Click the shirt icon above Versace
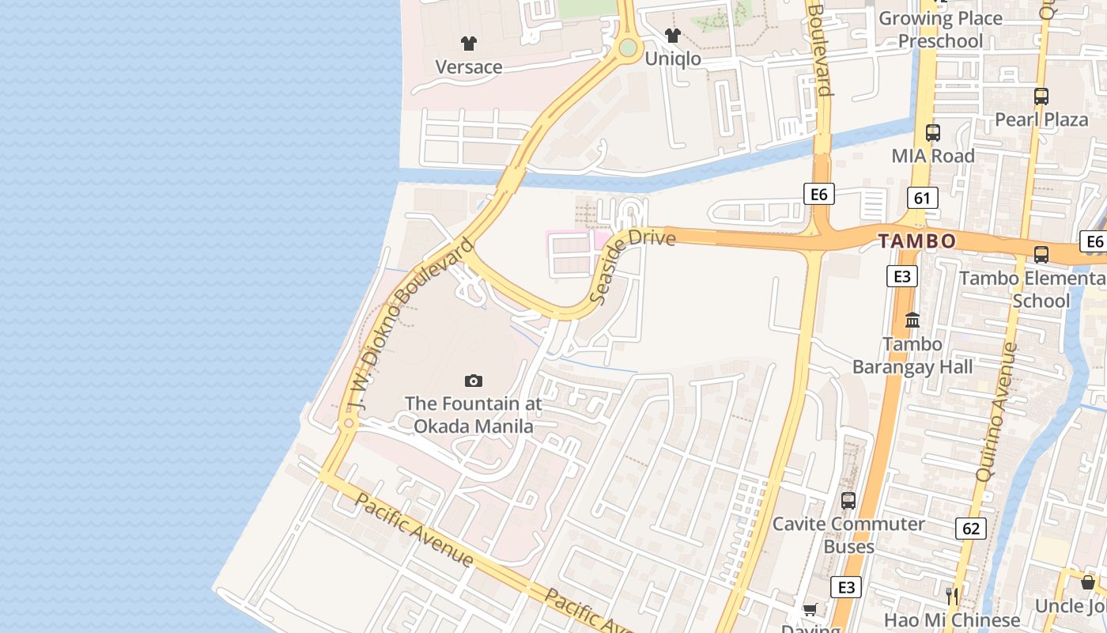pyautogui.click(x=469, y=43)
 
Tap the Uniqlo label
pyautogui.click(x=673, y=59)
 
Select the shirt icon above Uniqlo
pyautogui.click(x=673, y=35)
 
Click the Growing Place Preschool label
pyautogui.click(x=940, y=29)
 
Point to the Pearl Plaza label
pyautogui.click(x=1041, y=119)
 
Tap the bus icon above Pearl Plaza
pyautogui.click(x=1041, y=97)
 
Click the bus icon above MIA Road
pyautogui.click(x=933, y=133)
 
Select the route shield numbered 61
pyautogui.click(x=922, y=198)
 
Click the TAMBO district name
pyautogui.click(x=917, y=241)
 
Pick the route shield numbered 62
pyautogui.click(x=970, y=528)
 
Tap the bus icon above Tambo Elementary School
pyautogui.click(x=1041, y=255)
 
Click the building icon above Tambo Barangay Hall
pyautogui.click(x=912, y=320)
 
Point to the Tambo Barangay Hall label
pyautogui.click(x=912, y=356)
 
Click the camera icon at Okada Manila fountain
pyautogui.click(x=474, y=381)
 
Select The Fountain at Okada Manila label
pyautogui.click(x=474, y=415)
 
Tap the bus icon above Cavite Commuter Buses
pyautogui.click(x=848, y=500)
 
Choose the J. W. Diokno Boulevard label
pyautogui.click(x=409, y=324)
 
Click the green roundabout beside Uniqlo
pyautogui.click(x=628, y=47)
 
